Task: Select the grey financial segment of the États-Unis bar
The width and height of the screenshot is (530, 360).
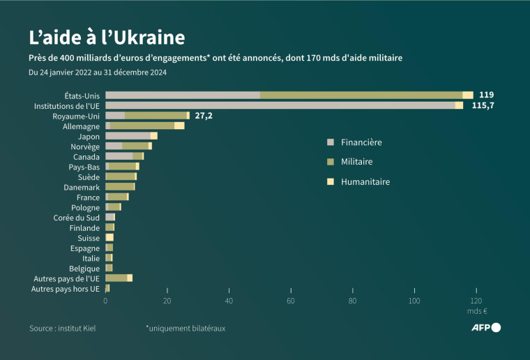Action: click(x=183, y=95)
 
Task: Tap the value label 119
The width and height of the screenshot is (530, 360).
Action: click(x=486, y=95)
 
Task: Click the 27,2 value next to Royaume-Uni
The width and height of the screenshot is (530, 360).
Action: click(x=204, y=115)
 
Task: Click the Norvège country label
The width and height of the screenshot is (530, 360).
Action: click(x=86, y=147)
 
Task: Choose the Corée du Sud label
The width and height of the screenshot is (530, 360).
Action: click(x=77, y=218)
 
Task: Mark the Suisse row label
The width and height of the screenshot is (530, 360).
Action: click(x=89, y=238)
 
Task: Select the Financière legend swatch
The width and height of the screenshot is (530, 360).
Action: click(x=331, y=142)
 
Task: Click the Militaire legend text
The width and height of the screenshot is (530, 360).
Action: click(x=356, y=162)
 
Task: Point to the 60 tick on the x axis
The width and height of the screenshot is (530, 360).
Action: click(x=291, y=301)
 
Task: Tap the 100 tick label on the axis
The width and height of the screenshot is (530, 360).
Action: click(x=414, y=301)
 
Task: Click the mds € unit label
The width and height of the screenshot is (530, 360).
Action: click(x=476, y=311)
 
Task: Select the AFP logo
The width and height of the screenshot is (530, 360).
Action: click(x=485, y=328)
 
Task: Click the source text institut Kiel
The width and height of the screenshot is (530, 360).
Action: click(x=62, y=328)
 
